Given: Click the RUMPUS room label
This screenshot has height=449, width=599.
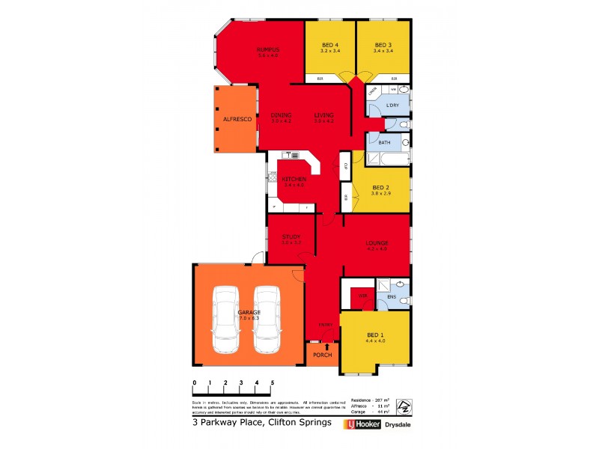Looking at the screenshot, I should pyautogui.click(x=267, y=49).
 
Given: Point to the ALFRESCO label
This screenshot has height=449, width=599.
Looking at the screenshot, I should pyautogui.click(x=236, y=120).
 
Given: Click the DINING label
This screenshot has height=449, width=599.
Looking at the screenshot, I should pyautogui.click(x=281, y=114).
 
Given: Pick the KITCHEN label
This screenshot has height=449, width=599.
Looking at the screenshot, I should pyautogui.click(x=293, y=180).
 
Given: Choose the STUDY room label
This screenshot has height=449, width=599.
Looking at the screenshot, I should pyautogui.click(x=291, y=237).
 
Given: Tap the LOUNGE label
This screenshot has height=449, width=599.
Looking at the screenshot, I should pyautogui.click(x=376, y=243).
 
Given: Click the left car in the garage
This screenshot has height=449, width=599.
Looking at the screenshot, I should pyautogui.click(x=226, y=320).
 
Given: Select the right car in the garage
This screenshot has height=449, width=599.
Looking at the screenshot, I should pyautogui.click(x=267, y=320).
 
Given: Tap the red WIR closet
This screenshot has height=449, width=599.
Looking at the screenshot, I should pyautogui.click(x=363, y=297).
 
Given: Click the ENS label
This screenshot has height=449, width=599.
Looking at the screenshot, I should pyautogui.click(x=392, y=297).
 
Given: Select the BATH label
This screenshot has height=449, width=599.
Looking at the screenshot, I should pyautogui.click(x=384, y=142).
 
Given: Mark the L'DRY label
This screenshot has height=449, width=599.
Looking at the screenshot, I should pyautogui.click(x=392, y=105).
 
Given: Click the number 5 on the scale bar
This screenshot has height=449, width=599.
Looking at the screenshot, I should pyautogui.click(x=273, y=382).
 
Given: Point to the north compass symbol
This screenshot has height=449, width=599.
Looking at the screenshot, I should pyautogui.click(x=403, y=406).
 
